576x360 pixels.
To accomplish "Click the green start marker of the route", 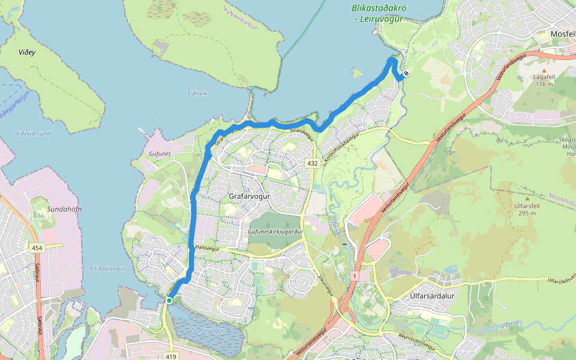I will tap(169, 301).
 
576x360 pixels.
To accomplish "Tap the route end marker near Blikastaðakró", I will tap(406, 74).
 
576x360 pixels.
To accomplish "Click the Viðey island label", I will tap(26, 52).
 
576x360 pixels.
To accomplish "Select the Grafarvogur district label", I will tap(250, 196).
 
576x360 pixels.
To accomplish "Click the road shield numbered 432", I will tap(312, 163).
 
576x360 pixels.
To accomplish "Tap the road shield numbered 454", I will tap(37, 247).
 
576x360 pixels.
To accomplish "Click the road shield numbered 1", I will tap(355, 275).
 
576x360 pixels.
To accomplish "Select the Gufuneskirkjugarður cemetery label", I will tap(277, 231).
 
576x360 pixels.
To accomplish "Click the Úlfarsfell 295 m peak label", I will tap(526, 209).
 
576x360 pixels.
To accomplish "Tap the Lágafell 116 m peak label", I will tap(544, 80).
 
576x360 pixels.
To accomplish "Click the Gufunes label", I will tap(160, 154).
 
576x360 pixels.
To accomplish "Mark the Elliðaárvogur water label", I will tap(108, 269).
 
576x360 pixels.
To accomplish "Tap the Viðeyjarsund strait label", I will tap(33, 133).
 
